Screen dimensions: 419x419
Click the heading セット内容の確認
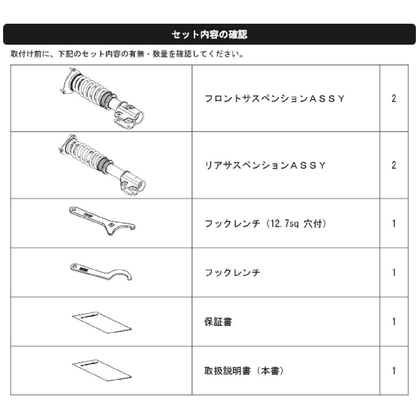coord(209,34)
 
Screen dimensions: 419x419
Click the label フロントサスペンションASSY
coord(275,99)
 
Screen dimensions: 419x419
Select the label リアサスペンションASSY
coord(265,166)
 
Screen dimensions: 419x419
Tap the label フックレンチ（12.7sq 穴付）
coord(265,223)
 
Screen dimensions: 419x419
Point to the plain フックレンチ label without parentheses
coord(233,272)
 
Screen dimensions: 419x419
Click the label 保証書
coord(218,322)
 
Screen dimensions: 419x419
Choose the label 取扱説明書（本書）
coord(244,371)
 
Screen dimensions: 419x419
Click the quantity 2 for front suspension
coord(394,99)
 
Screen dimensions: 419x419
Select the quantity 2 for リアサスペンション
coord(394,166)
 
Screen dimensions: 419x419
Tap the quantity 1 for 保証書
coord(394,322)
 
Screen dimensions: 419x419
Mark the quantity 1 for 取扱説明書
coord(394,371)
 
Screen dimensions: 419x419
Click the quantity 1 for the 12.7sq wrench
coord(394,223)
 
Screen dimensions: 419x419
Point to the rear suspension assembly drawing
coord(101,165)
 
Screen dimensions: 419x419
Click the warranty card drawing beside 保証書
coord(102,323)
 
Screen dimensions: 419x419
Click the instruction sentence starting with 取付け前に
coord(127,54)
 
